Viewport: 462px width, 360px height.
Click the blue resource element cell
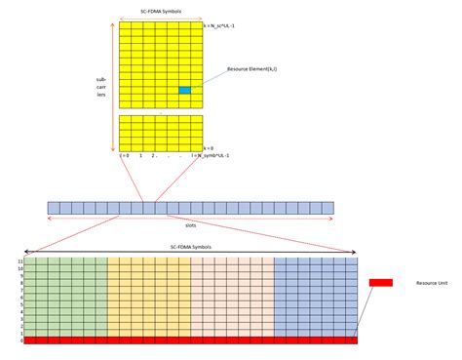[x=184, y=91]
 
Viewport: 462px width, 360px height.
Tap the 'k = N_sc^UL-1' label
[x=225, y=25]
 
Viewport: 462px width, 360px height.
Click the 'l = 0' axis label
[x=123, y=156]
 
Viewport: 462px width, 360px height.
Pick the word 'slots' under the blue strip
[x=190, y=223]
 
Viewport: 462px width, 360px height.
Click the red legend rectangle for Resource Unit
[x=380, y=282]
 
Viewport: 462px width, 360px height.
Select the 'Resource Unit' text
[x=431, y=282]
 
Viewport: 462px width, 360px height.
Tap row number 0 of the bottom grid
[x=19, y=340]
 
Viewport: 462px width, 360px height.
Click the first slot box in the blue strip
[x=53, y=208]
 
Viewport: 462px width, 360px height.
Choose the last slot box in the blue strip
[x=327, y=208]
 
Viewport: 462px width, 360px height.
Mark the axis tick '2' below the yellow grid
[x=155, y=156]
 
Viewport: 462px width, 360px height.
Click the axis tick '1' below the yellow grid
[x=140, y=156]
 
